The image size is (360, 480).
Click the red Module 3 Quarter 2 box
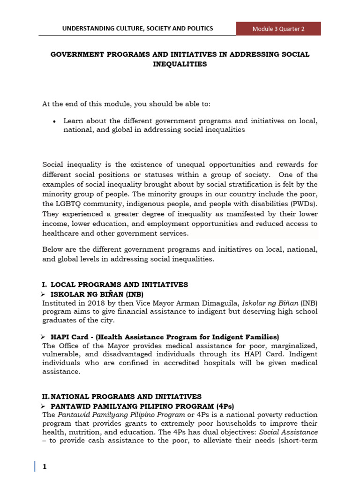tap(278, 29)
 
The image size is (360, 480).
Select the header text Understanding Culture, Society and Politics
tap(137, 29)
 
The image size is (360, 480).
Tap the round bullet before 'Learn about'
tap(55, 121)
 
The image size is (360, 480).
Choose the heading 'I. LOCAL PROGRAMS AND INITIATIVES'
tap(115, 285)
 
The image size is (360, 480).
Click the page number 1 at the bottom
tap(45, 467)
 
